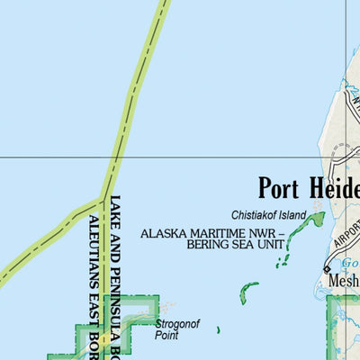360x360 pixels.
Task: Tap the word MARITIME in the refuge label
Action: [x=220, y=233]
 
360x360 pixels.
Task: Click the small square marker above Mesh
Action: [x=327, y=268]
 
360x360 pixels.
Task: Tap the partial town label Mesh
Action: [x=344, y=281]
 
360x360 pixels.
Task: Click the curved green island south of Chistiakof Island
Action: [x=247, y=293]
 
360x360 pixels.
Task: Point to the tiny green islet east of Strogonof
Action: [x=218, y=329]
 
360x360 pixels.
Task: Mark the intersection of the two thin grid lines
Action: [x=346, y=157]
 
